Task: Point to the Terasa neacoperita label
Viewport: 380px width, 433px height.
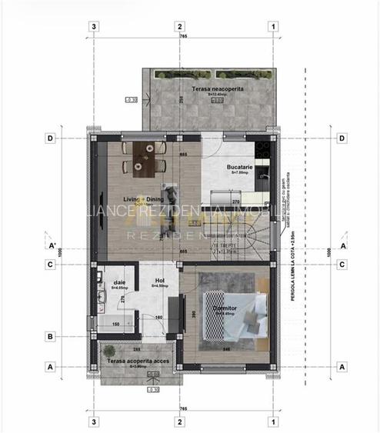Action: point(218,89)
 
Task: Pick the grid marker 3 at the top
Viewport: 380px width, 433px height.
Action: point(94,25)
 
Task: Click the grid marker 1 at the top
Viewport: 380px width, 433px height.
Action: point(273,25)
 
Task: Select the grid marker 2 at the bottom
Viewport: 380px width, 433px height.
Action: point(178,421)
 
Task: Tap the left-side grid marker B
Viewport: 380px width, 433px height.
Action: point(49,336)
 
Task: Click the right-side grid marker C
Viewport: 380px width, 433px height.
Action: point(341,265)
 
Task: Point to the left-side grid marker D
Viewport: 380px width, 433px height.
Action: point(49,138)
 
